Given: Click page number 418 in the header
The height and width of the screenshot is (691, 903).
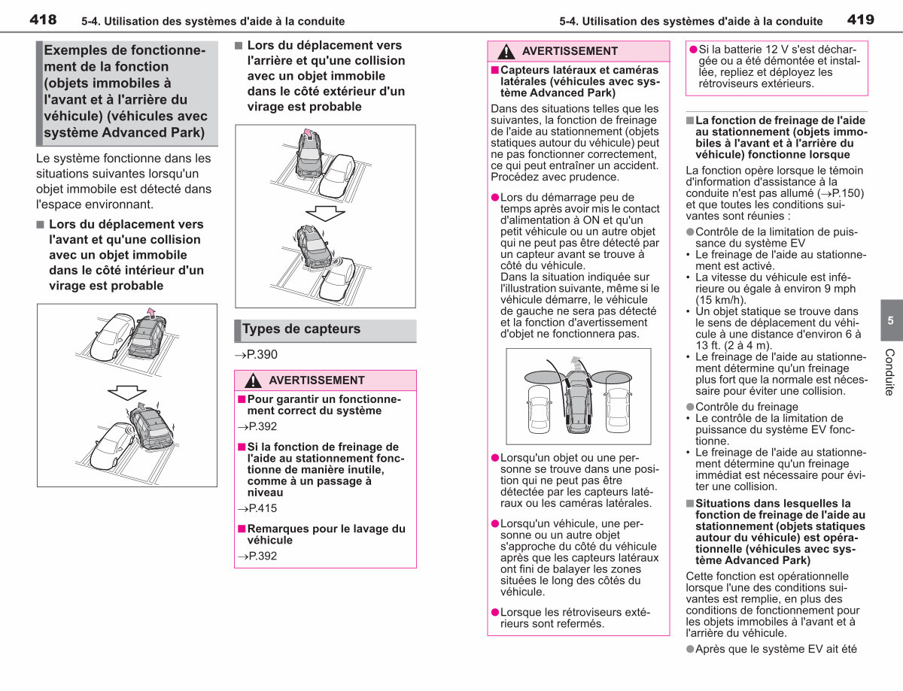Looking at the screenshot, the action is [x=43, y=20].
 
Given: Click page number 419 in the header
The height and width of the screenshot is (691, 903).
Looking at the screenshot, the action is [x=861, y=20].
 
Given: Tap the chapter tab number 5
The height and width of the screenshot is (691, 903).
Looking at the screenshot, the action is [x=890, y=320].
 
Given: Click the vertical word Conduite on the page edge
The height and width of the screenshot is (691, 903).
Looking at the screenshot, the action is [x=889, y=372].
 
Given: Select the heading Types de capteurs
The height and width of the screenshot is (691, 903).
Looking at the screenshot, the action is [x=301, y=329].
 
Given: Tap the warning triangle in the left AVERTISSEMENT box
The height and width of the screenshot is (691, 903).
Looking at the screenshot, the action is [x=253, y=380].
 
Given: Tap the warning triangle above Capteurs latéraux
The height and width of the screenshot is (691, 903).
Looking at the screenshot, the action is [x=506, y=51].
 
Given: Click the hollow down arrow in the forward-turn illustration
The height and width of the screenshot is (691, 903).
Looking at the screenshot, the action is [x=127, y=392].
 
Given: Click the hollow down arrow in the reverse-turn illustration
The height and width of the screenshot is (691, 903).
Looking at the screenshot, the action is [x=325, y=214].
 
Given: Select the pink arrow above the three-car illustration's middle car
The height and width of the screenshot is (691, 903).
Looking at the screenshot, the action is [x=576, y=362].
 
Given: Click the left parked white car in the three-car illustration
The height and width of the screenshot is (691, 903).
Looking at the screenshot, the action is [x=539, y=411].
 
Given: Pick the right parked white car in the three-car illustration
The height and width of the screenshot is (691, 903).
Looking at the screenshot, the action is [x=619, y=411].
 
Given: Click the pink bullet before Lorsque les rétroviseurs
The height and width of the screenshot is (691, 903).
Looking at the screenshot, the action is [x=495, y=612].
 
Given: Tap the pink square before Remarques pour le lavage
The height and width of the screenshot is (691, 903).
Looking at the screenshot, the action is [x=242, y=529].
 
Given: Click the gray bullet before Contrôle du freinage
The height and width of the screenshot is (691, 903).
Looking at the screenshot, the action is [x=690, y=407].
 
